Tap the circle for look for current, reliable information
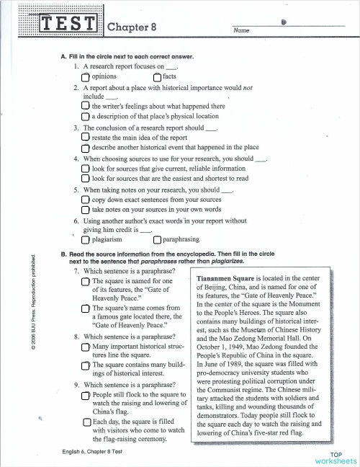(86, 168)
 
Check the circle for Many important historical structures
(86, 347)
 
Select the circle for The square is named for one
(86, 282)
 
